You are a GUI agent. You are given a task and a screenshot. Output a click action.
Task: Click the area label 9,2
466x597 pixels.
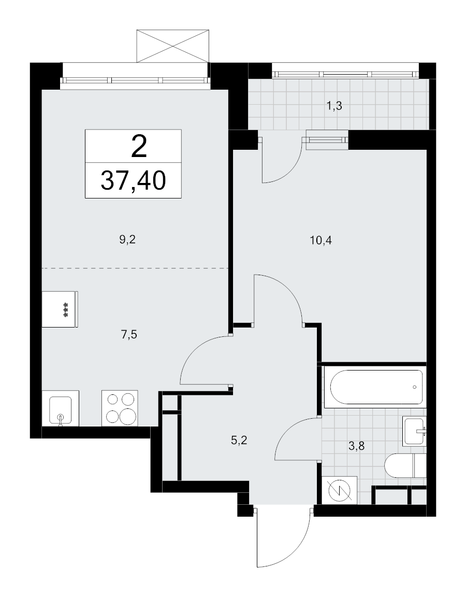coord(127,240)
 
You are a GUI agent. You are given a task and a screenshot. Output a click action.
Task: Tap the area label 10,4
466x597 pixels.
coord(321,240)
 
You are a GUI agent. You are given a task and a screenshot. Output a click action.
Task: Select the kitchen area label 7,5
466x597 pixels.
coord(129,335)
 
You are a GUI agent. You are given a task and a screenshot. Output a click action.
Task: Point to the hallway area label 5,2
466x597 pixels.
coord(239,440)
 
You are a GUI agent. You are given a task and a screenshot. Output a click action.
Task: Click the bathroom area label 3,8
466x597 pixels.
coord(356,446)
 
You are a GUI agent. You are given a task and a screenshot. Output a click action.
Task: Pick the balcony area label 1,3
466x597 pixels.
coord(334,106)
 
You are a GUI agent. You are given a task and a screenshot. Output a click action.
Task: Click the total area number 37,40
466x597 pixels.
coord(133,180)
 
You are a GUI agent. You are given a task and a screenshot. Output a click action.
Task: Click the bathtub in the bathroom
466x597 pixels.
coord(376,387)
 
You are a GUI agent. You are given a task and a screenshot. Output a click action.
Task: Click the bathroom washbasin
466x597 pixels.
coord(415,431)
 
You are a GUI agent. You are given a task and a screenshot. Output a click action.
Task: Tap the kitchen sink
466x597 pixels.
coord(61,408)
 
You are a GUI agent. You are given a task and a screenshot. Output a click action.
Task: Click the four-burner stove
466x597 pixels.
coord(120,408)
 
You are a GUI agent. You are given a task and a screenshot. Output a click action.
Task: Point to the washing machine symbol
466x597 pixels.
coord(340,490)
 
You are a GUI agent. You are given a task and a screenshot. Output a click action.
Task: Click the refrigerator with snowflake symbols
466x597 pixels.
coord(60,309)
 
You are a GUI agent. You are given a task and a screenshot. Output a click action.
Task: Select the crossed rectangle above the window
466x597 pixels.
coord(173,46)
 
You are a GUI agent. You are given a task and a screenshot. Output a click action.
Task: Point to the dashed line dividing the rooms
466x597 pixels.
coord(135,268)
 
